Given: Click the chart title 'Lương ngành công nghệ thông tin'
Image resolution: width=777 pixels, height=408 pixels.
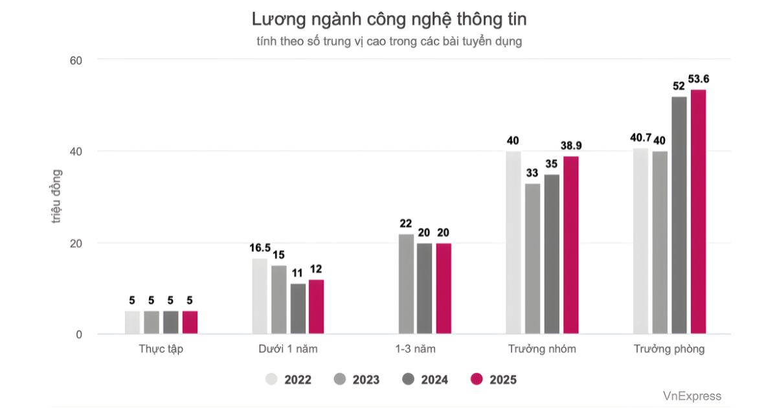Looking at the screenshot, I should [388, 19].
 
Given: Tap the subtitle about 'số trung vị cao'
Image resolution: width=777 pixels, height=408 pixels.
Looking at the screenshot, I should [388, 41].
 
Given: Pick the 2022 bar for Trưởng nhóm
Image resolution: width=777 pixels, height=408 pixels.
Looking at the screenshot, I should [513, 243].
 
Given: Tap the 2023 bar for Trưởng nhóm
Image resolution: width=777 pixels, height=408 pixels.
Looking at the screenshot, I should [532, 258].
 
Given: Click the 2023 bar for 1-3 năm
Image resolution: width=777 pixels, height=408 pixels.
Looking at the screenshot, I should [406, 284].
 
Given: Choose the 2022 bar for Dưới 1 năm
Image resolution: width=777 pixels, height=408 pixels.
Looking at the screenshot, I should [260, 297].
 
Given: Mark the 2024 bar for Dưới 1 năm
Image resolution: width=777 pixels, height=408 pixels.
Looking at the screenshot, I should [298, 309].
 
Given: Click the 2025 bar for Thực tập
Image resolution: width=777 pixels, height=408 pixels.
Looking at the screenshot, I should [190, 323].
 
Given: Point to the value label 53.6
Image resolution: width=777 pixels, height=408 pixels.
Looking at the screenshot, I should [698, 79].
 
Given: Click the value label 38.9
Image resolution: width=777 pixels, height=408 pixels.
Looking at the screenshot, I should [571, 146].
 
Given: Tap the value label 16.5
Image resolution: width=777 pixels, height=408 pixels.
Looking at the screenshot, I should [260, 248].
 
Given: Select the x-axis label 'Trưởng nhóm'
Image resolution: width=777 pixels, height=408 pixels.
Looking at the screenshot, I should [542, 349].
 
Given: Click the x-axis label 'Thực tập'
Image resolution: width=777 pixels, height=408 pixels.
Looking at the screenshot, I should [161, 349].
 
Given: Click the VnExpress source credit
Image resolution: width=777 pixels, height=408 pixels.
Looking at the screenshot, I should [692, 396].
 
